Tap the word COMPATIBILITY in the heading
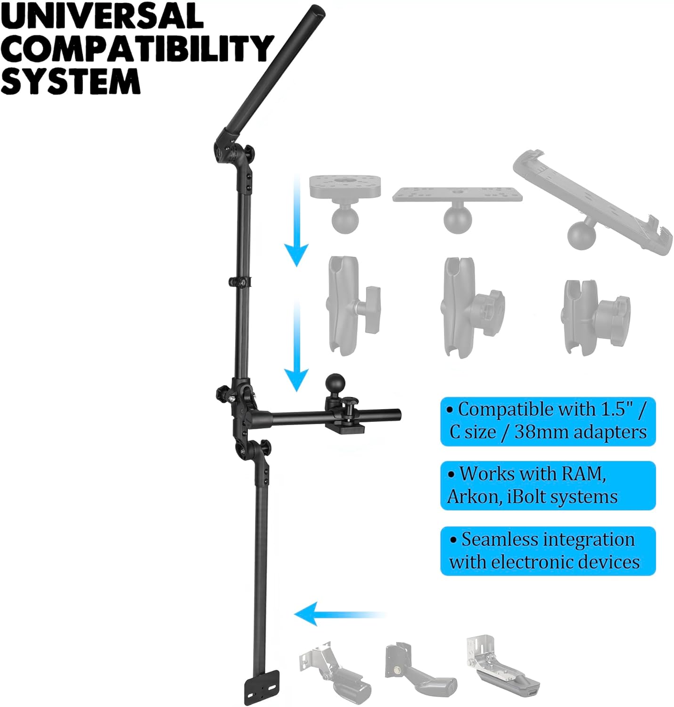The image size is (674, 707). pyautogui.click(x=137, y=48)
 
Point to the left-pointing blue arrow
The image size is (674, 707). pyautogui.click(x=339, y=615)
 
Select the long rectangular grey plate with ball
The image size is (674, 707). pyautogui.click(x=457, y=203)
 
